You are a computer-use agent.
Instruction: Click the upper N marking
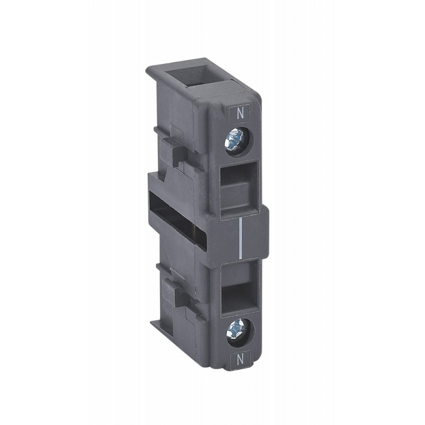pyautogui.click(x=240, y=114)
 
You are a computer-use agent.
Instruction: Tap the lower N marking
pyautogui.click(x=240, y=360)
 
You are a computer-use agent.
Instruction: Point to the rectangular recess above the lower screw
pyautogui.click(x=240, y=288)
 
